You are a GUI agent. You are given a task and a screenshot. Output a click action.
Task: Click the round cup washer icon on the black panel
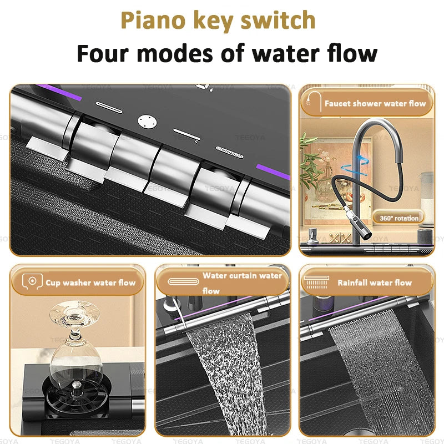pyautogui.click(x=147, y=122)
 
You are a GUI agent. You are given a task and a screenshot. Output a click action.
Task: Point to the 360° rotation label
pyautogui.click(x=398, y=218)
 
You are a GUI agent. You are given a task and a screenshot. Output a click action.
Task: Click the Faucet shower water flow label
pyautogui.click(x=375, y=103)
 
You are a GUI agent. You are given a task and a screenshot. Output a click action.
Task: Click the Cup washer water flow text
pyautogui.click(x=90, y=282)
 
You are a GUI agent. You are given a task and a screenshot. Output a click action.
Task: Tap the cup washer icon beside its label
pyautogui.click(x=32, y=281)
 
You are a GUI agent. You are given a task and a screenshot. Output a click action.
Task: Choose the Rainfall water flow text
pyautogui.click(x=374, y=282)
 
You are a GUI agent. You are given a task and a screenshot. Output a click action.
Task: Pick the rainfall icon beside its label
pyautogui.click(x=316, y=282)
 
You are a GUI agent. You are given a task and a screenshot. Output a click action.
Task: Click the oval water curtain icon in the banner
pyautogui.click(x=183, y=281)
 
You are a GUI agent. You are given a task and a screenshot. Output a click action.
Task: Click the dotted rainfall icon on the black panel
pyautogui.click(x=229, y=152)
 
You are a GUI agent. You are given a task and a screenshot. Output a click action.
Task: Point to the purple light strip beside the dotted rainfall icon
pyautogui.click(x=273, y=171)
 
